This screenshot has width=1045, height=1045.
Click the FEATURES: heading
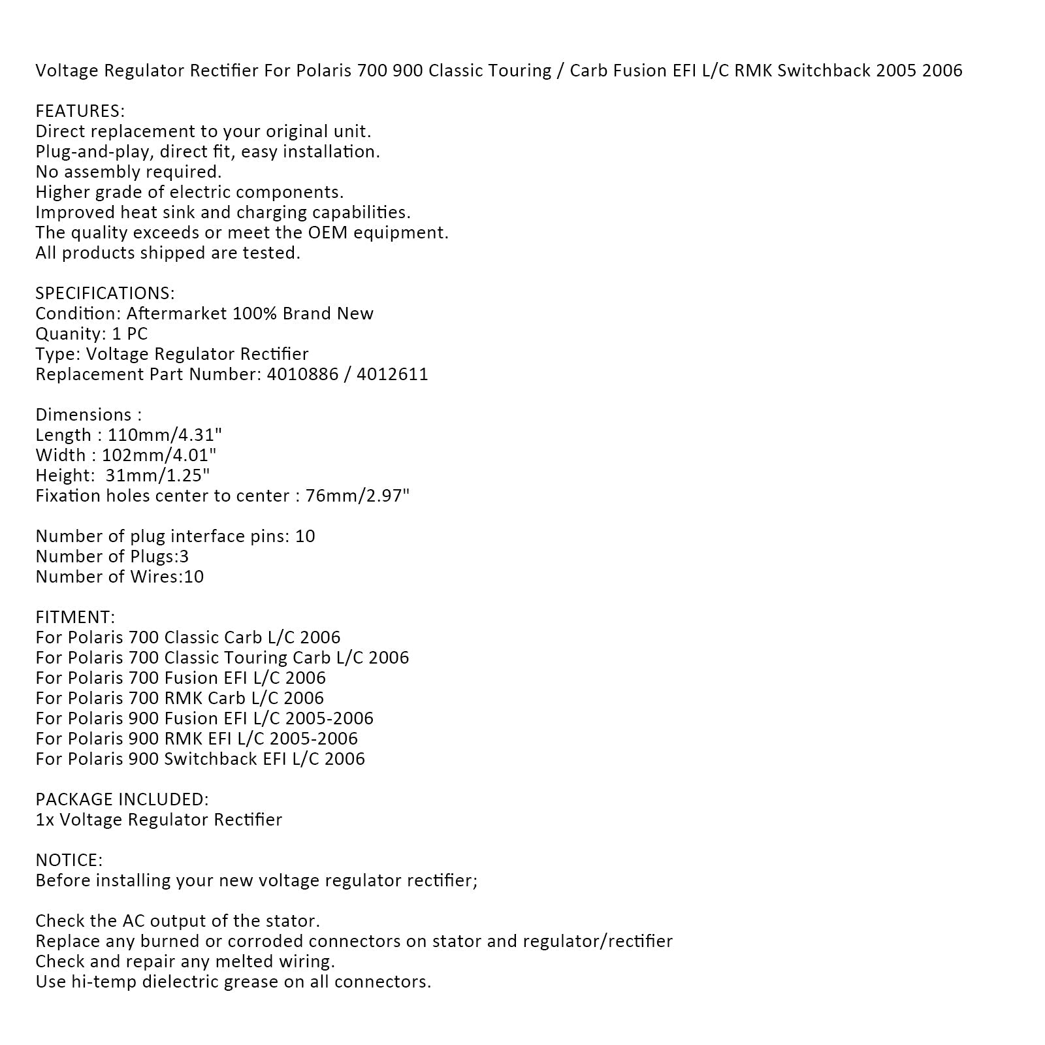[80, 111]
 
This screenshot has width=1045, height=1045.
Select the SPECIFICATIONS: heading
[105, 293]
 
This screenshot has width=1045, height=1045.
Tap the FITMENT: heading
[75, 617]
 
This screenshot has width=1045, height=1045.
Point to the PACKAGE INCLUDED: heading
[122, 799]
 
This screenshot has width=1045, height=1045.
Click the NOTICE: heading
[69, 860]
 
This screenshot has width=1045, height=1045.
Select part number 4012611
[393, 374]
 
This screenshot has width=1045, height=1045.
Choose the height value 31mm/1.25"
[157, 475]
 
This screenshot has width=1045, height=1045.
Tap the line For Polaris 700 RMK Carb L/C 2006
[180, 698]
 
